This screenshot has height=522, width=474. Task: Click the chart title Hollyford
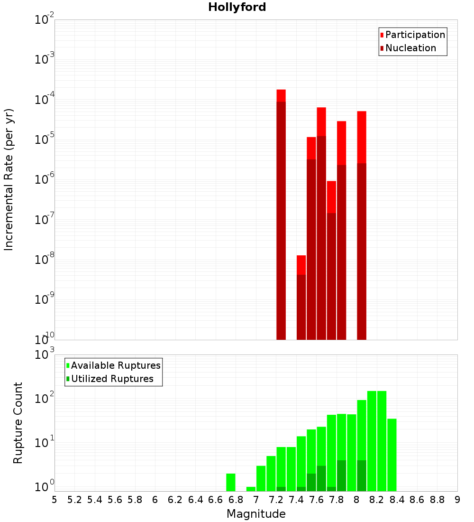(237, 7)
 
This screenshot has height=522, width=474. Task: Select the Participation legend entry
(415, 35)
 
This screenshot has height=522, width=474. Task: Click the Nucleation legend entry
(410, 48)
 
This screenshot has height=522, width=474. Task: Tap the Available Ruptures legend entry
(116, 365)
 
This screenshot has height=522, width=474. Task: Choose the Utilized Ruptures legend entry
(112, 379)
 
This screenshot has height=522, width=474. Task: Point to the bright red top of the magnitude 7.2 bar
(281, 95)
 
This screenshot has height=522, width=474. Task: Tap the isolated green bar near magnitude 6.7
(231, 482)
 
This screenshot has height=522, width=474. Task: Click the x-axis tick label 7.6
(316, 500)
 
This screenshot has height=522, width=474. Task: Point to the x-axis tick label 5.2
(74, 500)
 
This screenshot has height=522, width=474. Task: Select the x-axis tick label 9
(457, 500)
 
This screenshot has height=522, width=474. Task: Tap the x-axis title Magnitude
(256, 514)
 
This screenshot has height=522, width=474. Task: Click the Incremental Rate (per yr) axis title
(9, 180)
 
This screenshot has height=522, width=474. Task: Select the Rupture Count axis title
(18, 423)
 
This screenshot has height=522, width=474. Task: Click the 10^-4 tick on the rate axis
(44, 100)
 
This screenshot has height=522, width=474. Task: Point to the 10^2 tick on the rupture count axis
(44, 399)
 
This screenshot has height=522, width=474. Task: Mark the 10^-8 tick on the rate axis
(44, 260)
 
